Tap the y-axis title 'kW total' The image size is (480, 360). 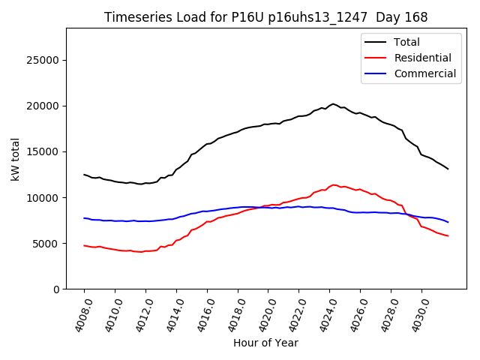15,158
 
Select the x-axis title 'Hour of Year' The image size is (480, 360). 265,343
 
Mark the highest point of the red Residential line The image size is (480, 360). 334,184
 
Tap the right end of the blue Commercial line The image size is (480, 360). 448,222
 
